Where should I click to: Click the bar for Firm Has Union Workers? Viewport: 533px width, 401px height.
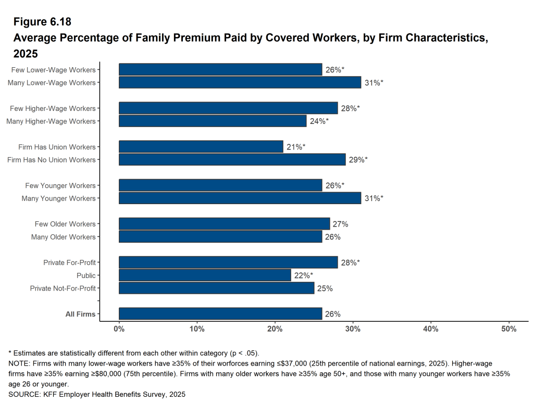201,147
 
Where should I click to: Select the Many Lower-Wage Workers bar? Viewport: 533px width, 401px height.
240,82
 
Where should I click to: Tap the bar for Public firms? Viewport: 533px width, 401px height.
205,275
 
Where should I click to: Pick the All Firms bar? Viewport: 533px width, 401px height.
220,314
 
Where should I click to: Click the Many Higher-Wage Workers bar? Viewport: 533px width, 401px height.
213,121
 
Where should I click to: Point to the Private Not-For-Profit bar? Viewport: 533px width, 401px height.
216,288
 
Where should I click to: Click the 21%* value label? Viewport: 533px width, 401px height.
295,147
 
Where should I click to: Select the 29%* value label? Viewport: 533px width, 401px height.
358,160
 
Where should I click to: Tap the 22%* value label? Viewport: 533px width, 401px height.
303,275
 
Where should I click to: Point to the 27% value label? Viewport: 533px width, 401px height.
340,224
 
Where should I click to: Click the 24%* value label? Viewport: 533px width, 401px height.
319,121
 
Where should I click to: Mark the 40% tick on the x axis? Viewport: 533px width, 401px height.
431,329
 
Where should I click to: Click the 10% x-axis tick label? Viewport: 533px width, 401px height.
197,329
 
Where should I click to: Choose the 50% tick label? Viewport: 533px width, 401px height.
509,329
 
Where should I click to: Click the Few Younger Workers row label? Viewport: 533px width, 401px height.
60,185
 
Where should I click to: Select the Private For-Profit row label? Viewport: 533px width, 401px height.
69,262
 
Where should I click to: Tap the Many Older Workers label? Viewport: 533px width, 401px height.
64,237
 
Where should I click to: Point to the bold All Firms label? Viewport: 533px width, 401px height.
80,314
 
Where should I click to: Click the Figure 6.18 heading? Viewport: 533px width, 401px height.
42,22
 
